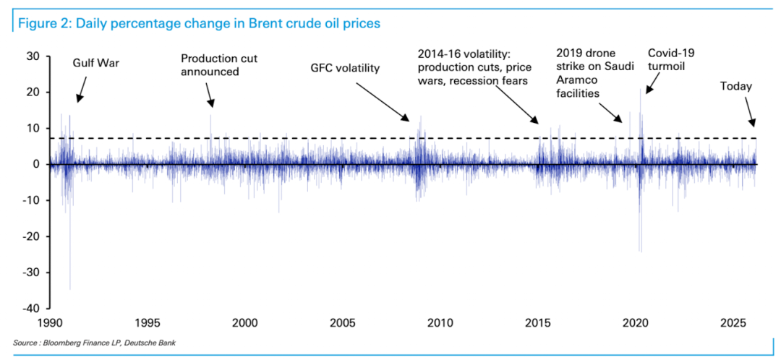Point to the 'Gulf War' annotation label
point(95,63)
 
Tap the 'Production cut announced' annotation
point(219,65)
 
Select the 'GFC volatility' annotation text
point(345,69)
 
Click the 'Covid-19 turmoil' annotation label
point(666,59)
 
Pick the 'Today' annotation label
point(736,87)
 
